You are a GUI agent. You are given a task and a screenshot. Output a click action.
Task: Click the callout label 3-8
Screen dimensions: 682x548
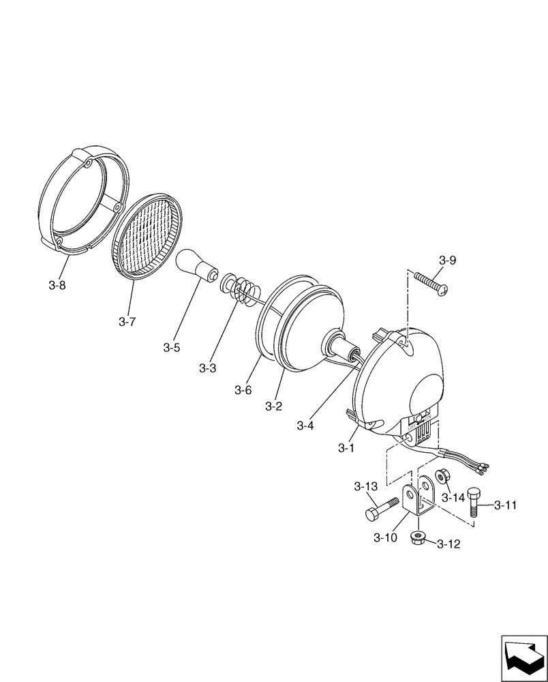tap(57, 286)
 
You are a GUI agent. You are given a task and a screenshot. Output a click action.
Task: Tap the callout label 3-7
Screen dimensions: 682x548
tap(127, 321)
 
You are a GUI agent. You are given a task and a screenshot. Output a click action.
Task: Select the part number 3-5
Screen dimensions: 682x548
tap(172, 348)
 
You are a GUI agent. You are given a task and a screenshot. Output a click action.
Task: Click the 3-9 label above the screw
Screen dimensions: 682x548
tap(448, 260)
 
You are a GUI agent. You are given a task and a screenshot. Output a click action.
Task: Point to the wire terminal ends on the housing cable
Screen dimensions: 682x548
tap(483, 467)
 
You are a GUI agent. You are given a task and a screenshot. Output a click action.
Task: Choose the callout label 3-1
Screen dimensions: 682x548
tap(346, 448)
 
